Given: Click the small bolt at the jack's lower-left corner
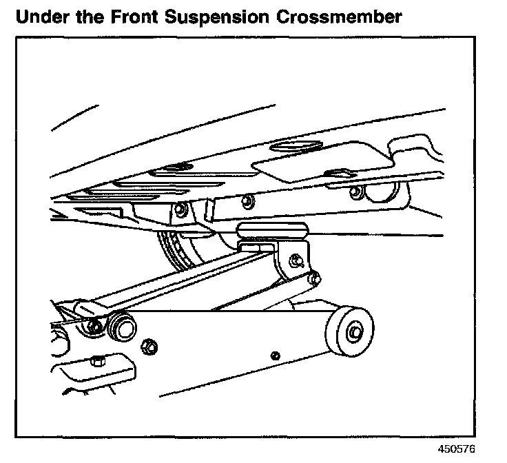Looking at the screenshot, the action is point(96,360).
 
